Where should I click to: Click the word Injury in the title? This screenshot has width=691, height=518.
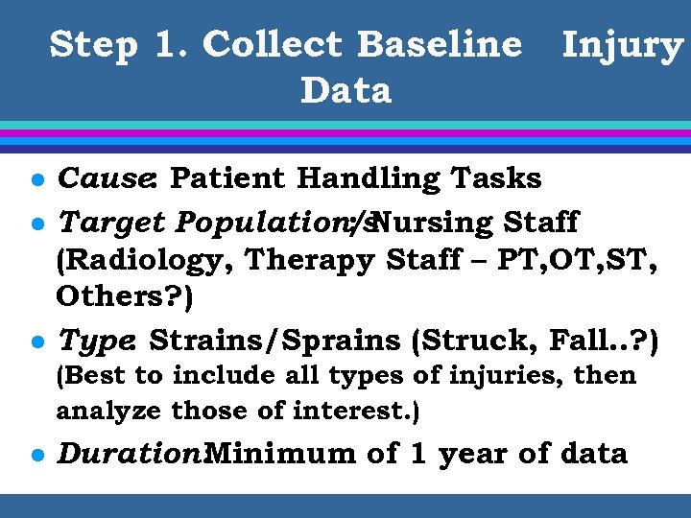pyautogui.click(x=621, y=45)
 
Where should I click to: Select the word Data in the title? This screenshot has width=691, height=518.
pyautogui.click(x=345, y=91)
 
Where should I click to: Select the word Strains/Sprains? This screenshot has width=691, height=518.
pyautogui.click(x=274, y=340)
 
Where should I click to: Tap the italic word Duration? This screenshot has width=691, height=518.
pyautogui.click(x=129, y=453)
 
